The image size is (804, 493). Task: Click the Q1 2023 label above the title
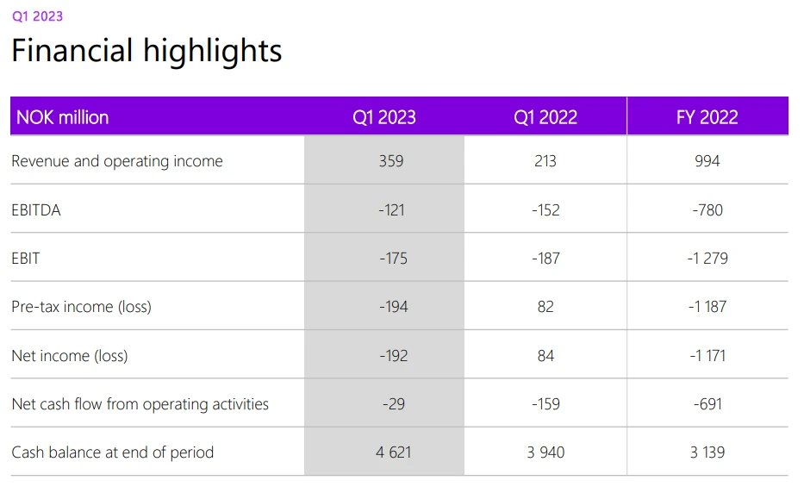37,16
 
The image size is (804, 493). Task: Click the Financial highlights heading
146,51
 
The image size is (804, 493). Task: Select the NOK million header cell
63,117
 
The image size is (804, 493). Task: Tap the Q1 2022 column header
545,117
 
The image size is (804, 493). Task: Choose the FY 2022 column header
707,117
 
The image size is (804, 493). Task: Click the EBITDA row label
36,209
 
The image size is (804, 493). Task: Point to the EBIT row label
26,258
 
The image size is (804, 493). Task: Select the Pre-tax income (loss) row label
81,307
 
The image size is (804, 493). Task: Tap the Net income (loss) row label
70,355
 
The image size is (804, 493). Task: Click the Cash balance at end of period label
112,452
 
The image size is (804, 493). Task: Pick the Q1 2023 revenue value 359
391,161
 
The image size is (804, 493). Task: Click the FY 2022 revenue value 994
707,161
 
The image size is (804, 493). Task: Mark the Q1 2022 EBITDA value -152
545,209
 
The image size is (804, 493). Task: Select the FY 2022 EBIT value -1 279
707,258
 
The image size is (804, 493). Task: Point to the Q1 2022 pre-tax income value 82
545,307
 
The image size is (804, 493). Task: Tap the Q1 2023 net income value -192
392,355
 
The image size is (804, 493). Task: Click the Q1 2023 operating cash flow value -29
392,404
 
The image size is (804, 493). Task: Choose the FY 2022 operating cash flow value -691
707,404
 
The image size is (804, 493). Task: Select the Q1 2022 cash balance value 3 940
545,452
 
